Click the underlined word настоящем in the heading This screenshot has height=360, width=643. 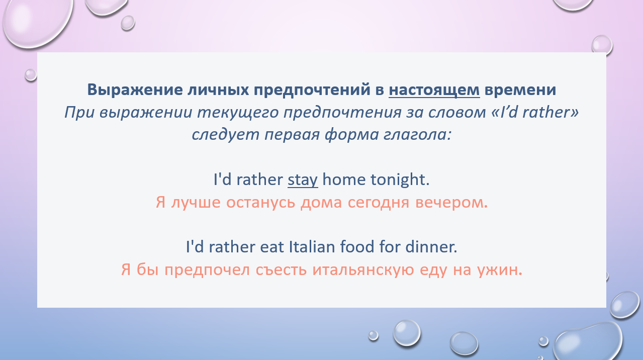pos(434,89)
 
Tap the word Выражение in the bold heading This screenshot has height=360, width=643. pos(135,89)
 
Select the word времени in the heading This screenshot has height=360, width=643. pos(520,89)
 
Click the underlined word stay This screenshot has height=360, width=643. pos(303,180)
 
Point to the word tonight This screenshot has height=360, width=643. pos(400,179)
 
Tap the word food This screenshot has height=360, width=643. pos(357,247)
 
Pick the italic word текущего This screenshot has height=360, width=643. pos(238,112)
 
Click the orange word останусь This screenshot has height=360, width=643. pos(260,203)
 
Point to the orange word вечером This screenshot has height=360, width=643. pos(451,203)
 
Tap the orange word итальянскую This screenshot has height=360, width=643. pos(363,270)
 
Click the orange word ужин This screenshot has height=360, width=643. pos(500,270)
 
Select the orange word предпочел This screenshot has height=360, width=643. pos(207,270)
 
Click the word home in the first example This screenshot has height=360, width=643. pos(344,179)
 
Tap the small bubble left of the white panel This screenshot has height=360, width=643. pos(31,75)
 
